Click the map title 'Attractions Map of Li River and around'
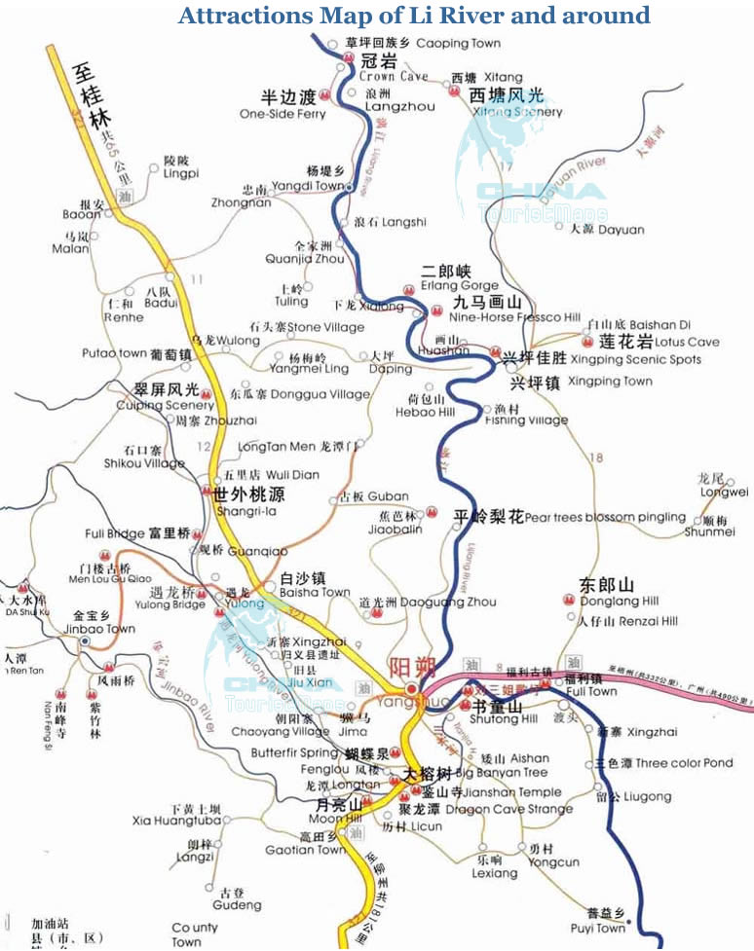(x=414, y=16)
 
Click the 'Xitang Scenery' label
(x=517, y=112)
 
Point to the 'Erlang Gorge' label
(x=459, y=286)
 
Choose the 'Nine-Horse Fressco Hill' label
(x=514, y=317)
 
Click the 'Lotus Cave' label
(x=687, y=342)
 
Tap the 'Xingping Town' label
(x=610, y=381)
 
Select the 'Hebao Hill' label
(x=425, y=412)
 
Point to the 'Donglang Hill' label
(x=620, y=602)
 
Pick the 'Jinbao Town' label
(x=104, y=629)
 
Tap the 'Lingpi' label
(x=180, y=173)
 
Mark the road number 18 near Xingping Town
(x=596, y=458)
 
